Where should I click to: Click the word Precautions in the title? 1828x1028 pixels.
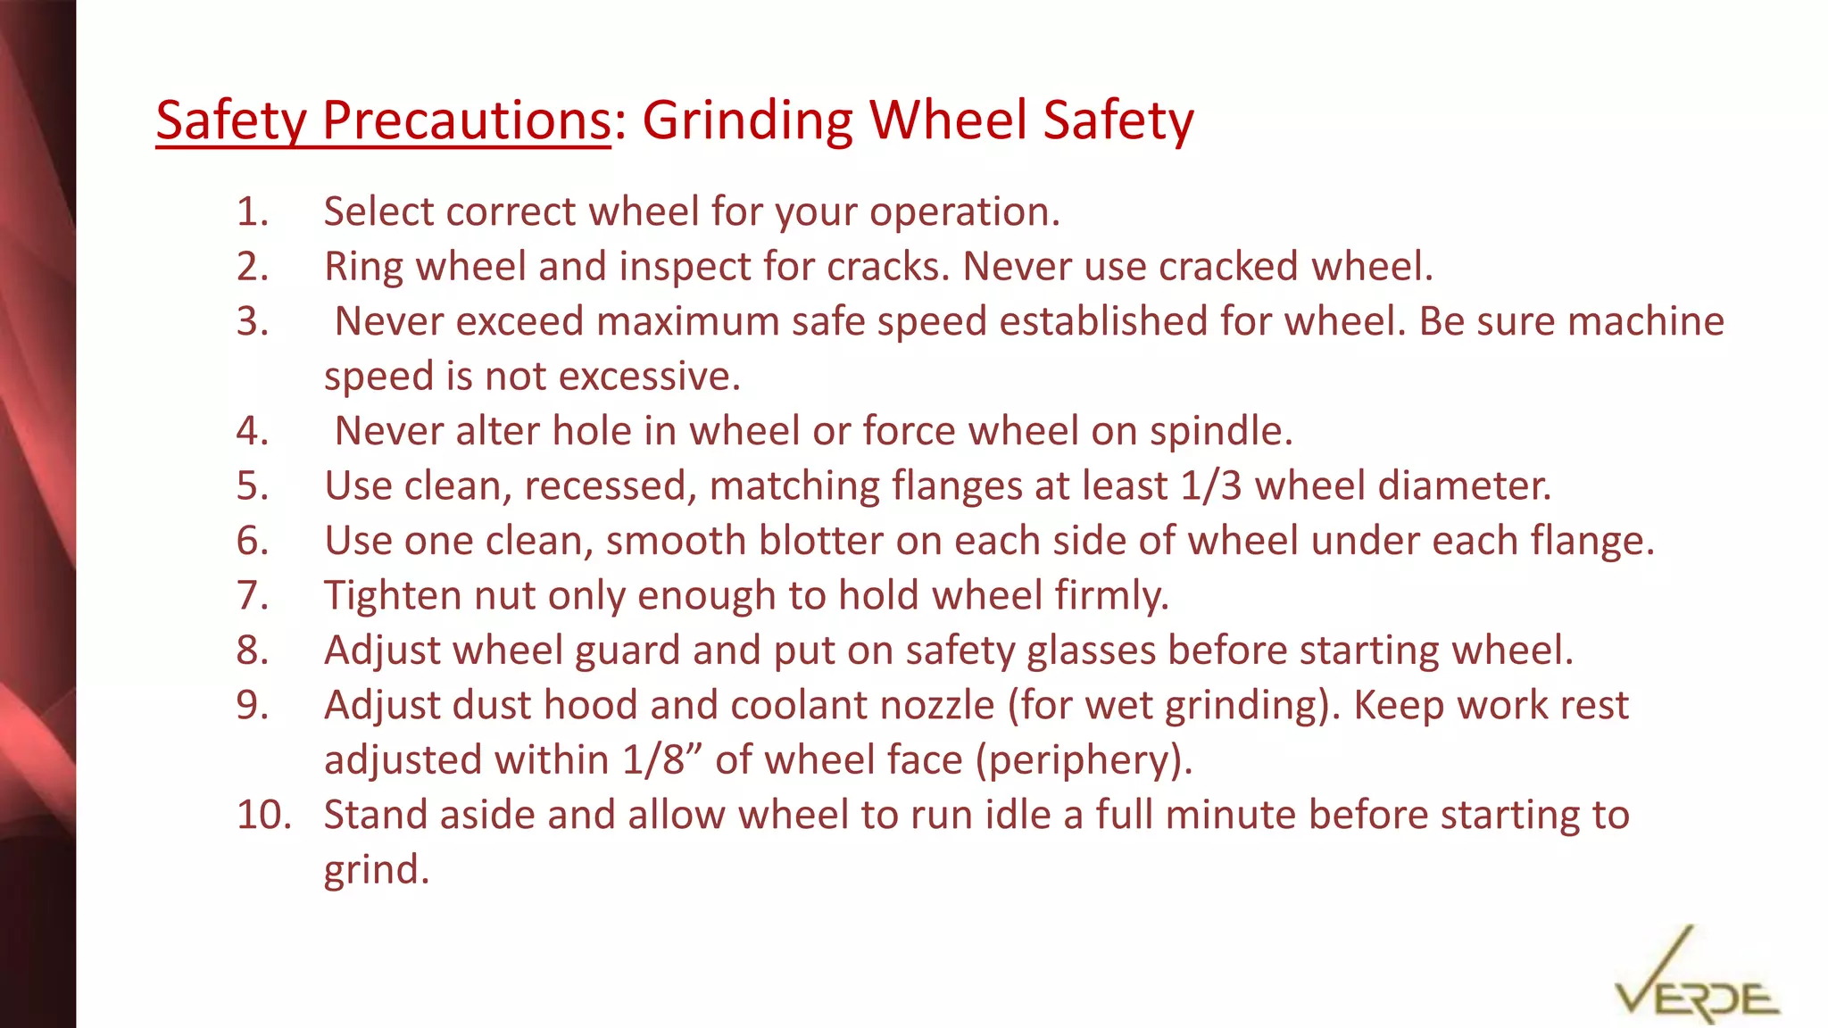(x=465, y=120)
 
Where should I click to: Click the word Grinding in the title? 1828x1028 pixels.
(x=747, y=121)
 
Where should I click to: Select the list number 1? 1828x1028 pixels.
(x=252, y=212)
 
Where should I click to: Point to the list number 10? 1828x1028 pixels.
(x=262, y=816)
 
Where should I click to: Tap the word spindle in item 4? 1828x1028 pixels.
(x=1220, y=431)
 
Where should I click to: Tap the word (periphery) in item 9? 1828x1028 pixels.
(x=1084, y=760)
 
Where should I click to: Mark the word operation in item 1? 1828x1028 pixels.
(x=964, y=212)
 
